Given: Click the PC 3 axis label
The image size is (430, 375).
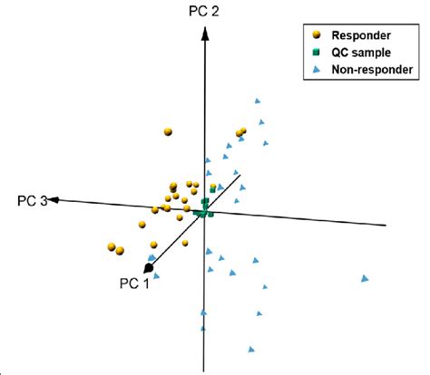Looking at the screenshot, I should pyautogui.click(x=33, y=200).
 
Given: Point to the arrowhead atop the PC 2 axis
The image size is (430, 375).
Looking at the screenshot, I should pyautogui.click(x=207, y=33).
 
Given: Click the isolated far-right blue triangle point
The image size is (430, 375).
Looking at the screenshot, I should pyautogui.click(x=366, y=277).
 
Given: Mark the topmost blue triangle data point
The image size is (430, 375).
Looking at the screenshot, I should pyautogui.click(x=258, y=101).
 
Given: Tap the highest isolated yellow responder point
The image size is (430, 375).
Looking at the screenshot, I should pyautogui.click(x=168, y=132).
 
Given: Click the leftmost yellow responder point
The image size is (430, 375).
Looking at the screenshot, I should pyautogui.click(x=111, y=245).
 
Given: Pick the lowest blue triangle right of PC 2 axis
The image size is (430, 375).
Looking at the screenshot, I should pyautogui.click(x=249, y=348).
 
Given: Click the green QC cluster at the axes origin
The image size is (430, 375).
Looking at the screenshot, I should pyautogui.click(x=205, y=209).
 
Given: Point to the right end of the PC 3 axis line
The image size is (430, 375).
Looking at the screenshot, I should pyautogui.click(x=386, y=225).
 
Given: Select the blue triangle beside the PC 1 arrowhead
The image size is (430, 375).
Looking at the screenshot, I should pyautogui.click(x=157, y=275).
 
